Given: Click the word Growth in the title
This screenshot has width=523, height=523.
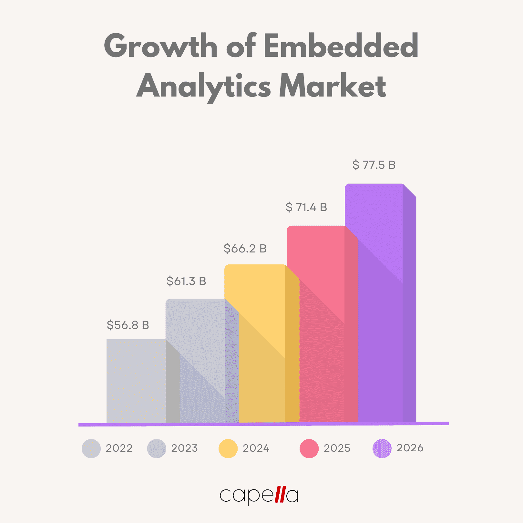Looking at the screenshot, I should (160, 46).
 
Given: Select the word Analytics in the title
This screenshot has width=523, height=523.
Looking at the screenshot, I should (204, 86).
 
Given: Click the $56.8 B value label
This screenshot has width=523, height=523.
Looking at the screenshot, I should (128, 325).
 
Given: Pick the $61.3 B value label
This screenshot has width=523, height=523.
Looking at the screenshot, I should (186, 281).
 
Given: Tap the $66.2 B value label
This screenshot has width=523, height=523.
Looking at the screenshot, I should (245, 249).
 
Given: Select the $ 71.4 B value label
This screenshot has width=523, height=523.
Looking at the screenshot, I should (306, 207).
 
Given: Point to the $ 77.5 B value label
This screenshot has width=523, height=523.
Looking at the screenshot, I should (374, 165).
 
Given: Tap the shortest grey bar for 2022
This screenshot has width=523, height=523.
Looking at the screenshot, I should (136, 381).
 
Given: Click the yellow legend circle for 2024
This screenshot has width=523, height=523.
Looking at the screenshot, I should (228, 448).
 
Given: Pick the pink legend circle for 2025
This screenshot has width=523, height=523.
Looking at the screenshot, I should (309, 448).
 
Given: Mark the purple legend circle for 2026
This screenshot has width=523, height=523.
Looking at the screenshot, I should (382, 448).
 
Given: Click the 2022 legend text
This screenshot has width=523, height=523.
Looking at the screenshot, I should (119, 448).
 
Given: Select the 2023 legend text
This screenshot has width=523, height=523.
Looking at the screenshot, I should (184, 448).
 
